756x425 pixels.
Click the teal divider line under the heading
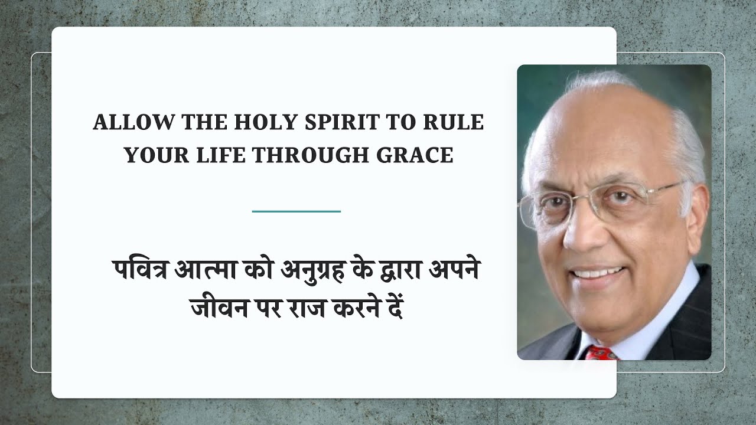tap(296, 211)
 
